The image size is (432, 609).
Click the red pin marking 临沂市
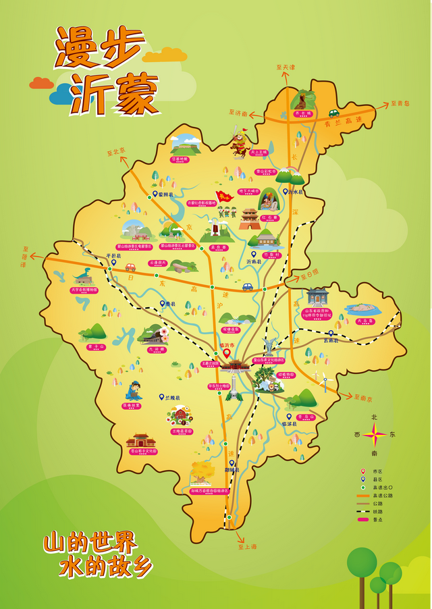point(226,352)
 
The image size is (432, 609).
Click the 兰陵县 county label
point(173,398)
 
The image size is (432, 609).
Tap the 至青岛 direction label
point(400,104)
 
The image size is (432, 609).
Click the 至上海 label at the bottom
point(248,548)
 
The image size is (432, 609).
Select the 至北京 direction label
point(117,153)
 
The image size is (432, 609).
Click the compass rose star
point(375,434)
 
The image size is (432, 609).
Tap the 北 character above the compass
point(375,417)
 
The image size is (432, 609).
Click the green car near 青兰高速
point(333,113)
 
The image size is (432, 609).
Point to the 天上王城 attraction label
point(259,153)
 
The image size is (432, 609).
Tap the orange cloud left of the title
point(41,82)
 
